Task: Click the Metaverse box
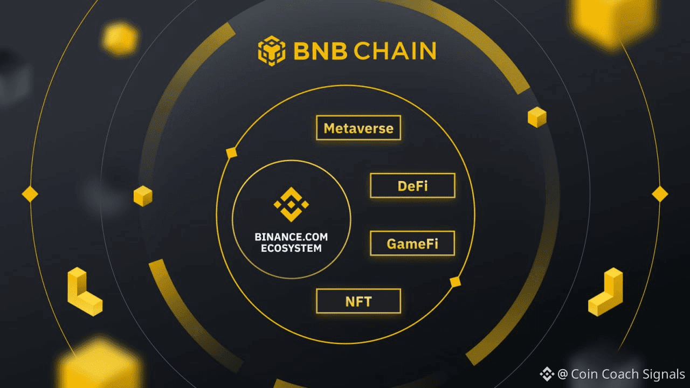pos(358,128)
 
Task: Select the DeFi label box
pos(412,186)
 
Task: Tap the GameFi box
pos(412,244)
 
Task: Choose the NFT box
pos(358,301)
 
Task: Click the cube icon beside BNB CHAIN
pos(271,51)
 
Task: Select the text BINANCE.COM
pos(291,237)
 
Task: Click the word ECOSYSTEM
pos(291,249)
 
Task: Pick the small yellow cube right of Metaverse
pos(537,117)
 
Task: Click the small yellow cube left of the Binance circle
pos(143,196)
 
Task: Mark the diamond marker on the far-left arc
pos(30,194)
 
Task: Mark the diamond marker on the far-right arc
pos(660,194)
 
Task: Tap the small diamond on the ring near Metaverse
pos(232,153)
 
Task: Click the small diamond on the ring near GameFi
pos(456,282)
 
